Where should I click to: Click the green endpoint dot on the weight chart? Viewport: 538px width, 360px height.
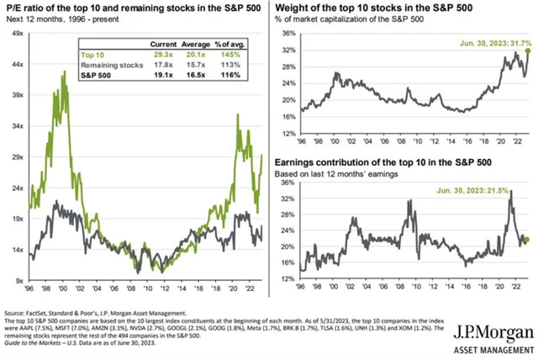(x=528, y=51)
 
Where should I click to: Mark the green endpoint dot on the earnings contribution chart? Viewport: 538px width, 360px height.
(x=527, y=240)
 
